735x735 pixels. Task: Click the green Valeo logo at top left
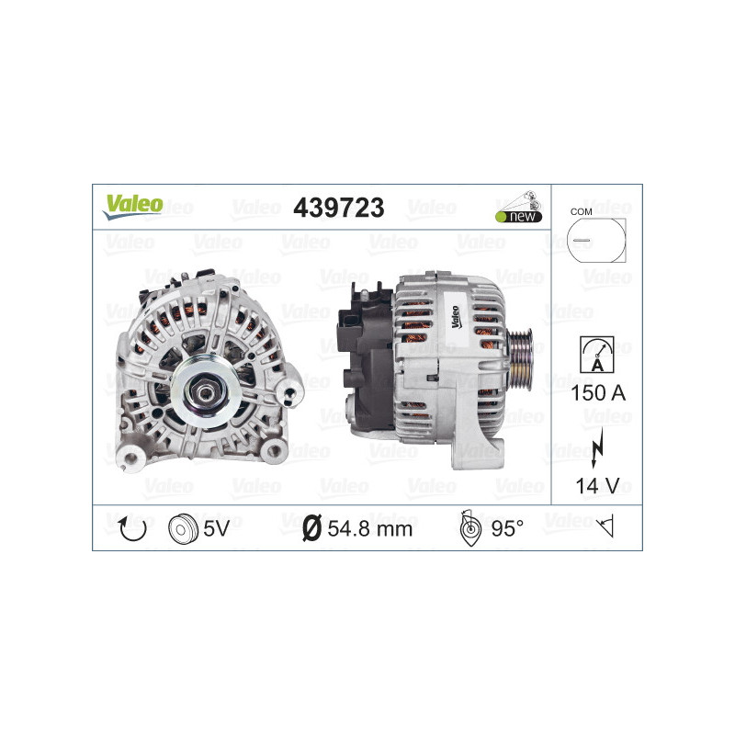click(x=133, y=205)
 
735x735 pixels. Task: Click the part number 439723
click(x=338, y=208)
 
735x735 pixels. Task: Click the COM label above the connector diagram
click(x=581, y=211)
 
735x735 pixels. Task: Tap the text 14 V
click(x=597, y=486)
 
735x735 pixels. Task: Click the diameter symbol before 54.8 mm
click(x=311, y=528)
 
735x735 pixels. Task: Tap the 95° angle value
click(x=507, y=528)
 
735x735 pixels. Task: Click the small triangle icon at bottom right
click(x=605, y=527)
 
